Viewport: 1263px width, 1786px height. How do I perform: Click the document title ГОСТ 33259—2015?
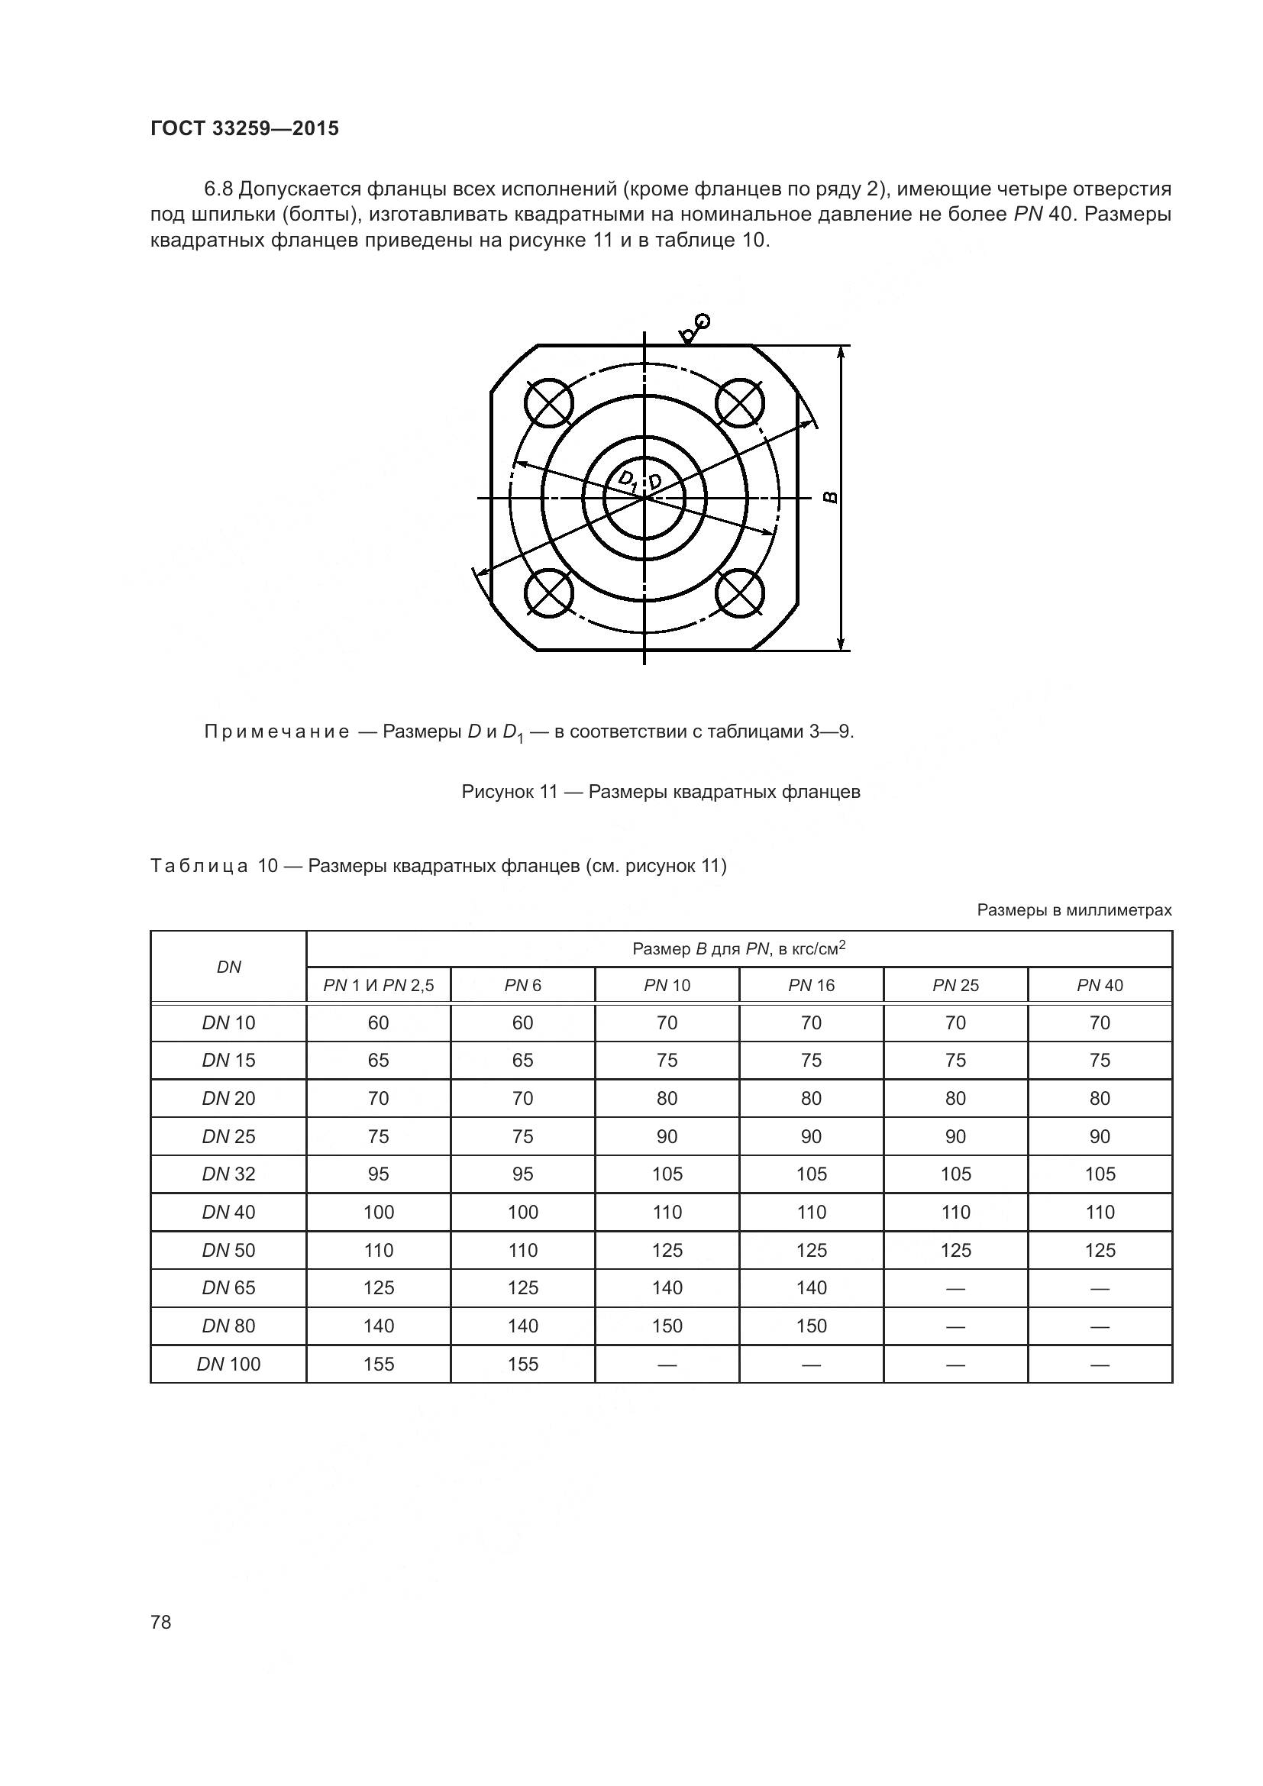pyautogui.click(x=244, y=129)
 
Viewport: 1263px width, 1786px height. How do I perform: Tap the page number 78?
pyautogui.click(x=161, y=1622)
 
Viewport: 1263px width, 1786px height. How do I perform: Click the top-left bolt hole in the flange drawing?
pyautogui.click(x=549, y=402)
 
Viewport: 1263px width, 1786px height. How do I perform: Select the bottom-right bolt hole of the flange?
pyautogui.click(x=740, y=594)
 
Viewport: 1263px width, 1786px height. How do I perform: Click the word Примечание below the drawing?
pyautogui.click(x=276, y=732)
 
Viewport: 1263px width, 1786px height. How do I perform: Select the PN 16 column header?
pyautogui.click(x=810, y=985)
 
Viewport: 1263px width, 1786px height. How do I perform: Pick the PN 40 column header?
pyautogui.click(x=1099, y=985)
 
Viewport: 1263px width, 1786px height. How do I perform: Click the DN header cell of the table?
pyautogui.click(x=228, y=967)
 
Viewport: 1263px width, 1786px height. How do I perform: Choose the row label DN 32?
pyautogui.click(x=228, y=1174)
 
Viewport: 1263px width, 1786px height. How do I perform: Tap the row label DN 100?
pyautogui.click(x=228, y=1364)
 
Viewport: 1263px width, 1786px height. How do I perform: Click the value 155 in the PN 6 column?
pyautogui.click(x=522, y=1364)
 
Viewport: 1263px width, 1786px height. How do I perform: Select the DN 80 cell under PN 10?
pyautogui.click(x=667, y=1326)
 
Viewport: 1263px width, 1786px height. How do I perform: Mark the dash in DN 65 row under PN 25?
pyautogui.click(x=955, y=1288)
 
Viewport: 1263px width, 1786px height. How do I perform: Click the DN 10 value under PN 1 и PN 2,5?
pyautogui.click(x=378, y=1023)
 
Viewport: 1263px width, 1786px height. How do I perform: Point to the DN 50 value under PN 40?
pyautogui.click(x=1099, y=1250)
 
